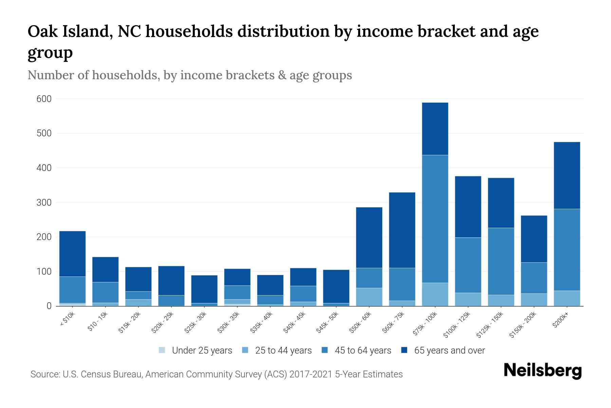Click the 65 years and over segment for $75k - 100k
[435, 129]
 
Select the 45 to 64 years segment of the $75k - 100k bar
[435, 219]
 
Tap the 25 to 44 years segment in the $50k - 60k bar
[369, 297]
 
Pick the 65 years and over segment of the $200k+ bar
[567, 175]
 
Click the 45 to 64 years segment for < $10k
[72, 290]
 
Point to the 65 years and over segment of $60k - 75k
[402, 230]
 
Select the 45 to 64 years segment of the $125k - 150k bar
[501, 261]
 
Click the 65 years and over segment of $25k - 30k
[204, 289]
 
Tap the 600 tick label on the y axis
[44, 99]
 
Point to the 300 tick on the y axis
[44, 203]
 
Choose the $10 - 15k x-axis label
[97, 322]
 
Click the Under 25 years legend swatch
[162, 350]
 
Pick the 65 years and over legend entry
[449, 350]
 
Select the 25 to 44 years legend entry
[283, 350]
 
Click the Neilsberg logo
[542, 371]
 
